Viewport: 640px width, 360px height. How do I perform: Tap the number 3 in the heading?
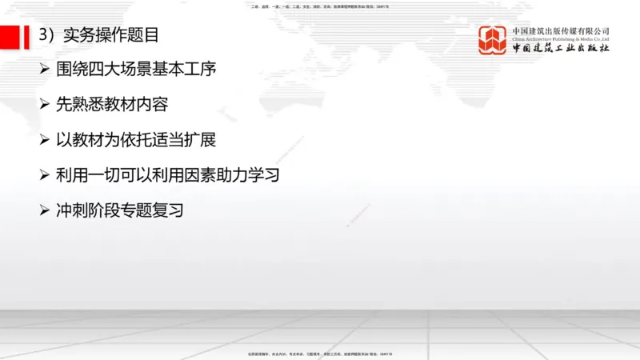44,34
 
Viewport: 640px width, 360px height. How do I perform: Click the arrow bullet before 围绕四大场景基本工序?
45,70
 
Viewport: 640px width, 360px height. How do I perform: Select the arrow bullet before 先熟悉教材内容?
45,105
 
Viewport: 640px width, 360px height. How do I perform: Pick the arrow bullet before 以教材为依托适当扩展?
45,140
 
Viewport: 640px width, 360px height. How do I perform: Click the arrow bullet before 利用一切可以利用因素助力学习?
45,175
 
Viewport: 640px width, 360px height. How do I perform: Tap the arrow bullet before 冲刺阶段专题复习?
45,210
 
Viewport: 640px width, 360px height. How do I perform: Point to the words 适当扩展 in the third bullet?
187,140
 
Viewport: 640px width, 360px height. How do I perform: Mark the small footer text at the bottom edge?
320,354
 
